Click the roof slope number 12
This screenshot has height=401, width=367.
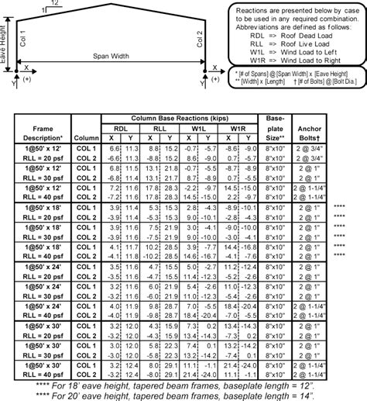52,4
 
